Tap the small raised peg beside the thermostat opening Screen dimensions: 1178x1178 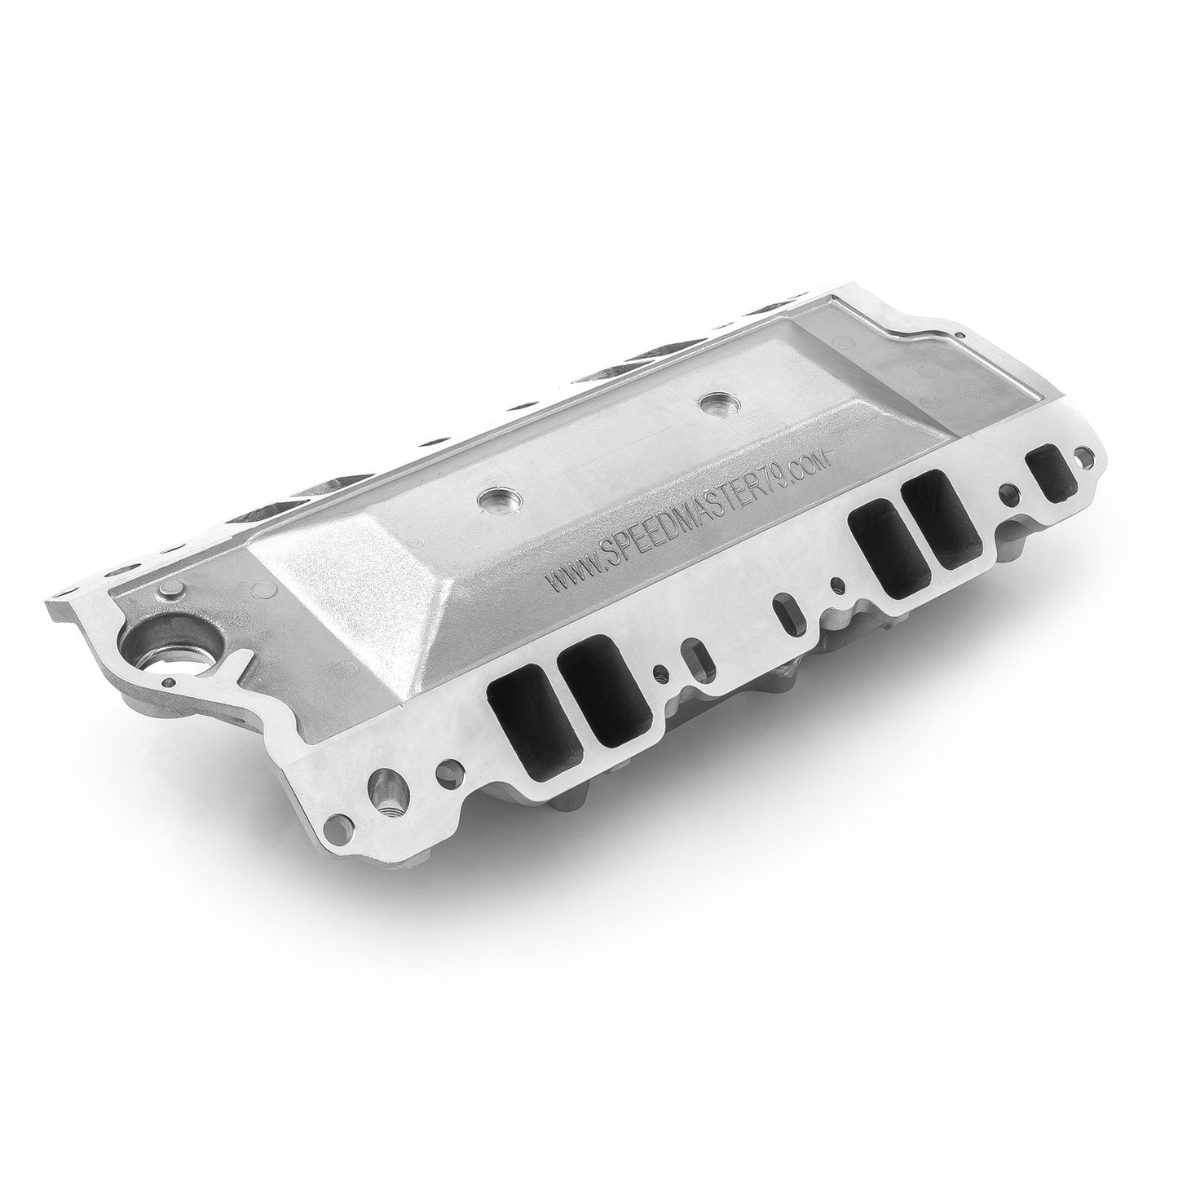pos(170,591)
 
